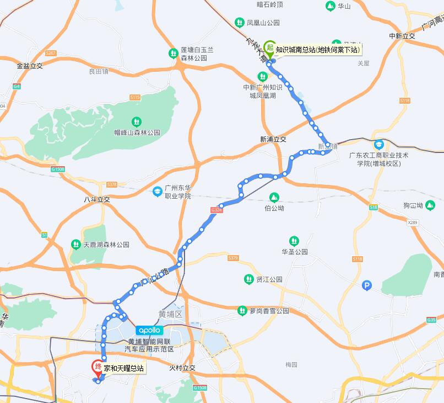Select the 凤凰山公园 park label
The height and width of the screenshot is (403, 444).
point(263,23)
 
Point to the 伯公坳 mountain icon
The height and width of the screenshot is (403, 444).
point(274,198)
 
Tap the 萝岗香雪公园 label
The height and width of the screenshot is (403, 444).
point(269,311)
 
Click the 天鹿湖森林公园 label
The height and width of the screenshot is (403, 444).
point(106,244)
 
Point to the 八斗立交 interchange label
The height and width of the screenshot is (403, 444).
point(97,199)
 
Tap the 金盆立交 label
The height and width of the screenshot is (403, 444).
point(30,65)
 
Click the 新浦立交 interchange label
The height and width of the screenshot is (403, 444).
point(274,139)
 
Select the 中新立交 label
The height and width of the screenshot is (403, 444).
point(402,36)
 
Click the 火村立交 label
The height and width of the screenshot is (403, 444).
point(182,368)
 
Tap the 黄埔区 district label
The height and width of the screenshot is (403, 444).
point(170,314)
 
